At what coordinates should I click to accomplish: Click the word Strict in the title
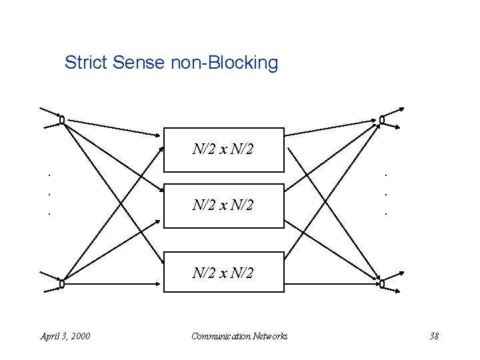click(87, 63)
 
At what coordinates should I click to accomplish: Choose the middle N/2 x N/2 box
click(223, 205)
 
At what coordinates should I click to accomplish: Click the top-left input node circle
click(61, 121)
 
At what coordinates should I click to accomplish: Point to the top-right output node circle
click(382, 121)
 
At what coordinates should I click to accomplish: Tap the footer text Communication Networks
click(239, 336)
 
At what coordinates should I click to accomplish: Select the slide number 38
click(434, 336)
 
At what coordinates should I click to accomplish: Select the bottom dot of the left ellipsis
click(49, 214)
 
